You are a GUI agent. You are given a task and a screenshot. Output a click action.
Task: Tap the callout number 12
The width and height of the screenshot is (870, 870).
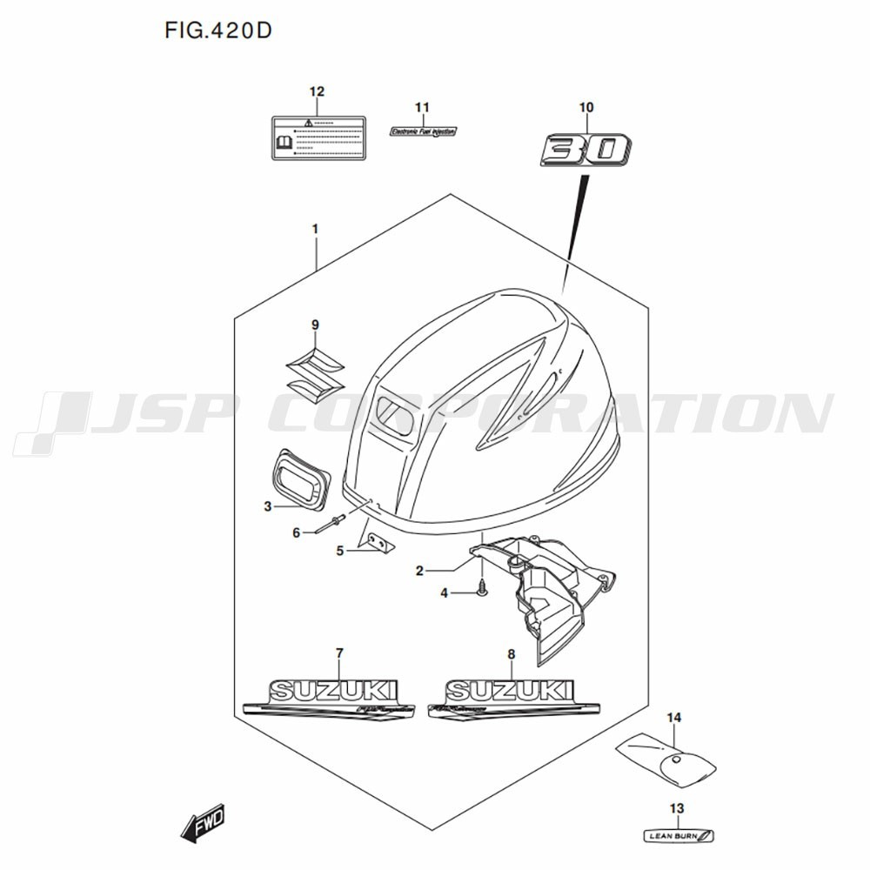tap(317, 91)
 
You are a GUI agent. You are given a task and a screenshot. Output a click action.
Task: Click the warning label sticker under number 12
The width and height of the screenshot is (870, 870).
tap(316, 137)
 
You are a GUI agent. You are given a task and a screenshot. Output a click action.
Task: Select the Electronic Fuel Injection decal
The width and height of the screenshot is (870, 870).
tap(423, 131)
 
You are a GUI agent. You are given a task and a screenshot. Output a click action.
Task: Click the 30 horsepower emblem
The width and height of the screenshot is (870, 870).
tap(586, 149)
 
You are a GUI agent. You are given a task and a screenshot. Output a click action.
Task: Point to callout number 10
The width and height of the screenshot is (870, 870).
tap(586, 107)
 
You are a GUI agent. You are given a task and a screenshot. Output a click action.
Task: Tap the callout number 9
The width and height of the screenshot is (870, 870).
tap(315, 325)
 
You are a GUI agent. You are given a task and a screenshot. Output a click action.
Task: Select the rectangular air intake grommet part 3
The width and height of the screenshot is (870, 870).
tap(301, 479)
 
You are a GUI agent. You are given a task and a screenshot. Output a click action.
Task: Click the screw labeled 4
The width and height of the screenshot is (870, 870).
tap(481, 590)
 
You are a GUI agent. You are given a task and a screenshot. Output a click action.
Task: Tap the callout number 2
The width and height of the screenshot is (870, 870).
tap(419, 571)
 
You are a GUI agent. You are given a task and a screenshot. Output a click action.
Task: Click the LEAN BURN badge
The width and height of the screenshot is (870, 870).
tap(679, 836)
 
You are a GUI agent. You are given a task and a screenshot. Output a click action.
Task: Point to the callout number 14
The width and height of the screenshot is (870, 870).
tap(674, 717)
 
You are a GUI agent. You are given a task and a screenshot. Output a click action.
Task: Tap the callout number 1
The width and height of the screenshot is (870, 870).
tap(315, 229)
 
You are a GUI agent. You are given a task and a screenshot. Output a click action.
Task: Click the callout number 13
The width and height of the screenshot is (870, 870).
tap(677, 808)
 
